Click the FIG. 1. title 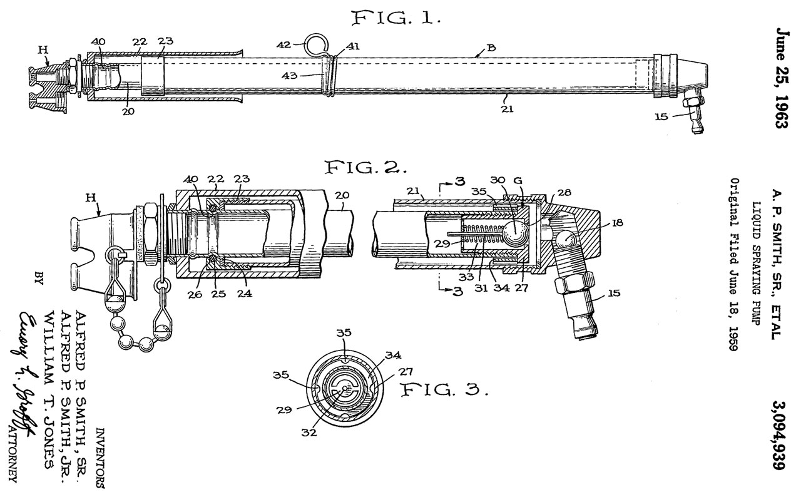[x=397, y=18]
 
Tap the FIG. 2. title [x=365, y=168]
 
